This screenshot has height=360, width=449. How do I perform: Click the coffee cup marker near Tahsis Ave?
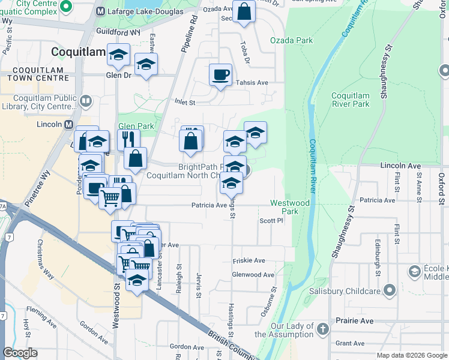click(x=220, y=75)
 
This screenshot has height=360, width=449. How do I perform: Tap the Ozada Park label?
click(x=300, y=40)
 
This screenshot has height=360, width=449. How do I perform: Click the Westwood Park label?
click(x=290, y=207)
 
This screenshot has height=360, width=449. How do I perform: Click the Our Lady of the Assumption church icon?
click(x=323, y=328)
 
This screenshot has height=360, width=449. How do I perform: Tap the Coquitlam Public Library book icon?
click(x=86, y=101)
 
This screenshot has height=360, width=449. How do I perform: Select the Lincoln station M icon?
click(x=68, y=124)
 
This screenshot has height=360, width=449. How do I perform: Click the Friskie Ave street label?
click(x=249, y=261)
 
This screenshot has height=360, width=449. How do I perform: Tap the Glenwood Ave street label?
click(x=253, y=275)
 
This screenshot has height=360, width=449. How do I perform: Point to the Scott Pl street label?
click(x=271, y=221)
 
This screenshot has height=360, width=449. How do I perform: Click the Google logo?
click(x=20, y=353)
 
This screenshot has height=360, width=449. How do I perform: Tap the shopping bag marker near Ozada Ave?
click(x=244, y=11)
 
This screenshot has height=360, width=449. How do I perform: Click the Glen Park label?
click(x=136, y=126)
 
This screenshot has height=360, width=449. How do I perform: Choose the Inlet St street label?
click(x=185, y=103)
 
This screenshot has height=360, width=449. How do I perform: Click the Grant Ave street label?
click(x=350, y=343)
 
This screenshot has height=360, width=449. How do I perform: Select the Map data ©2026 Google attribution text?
click(x=412, y=355)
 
